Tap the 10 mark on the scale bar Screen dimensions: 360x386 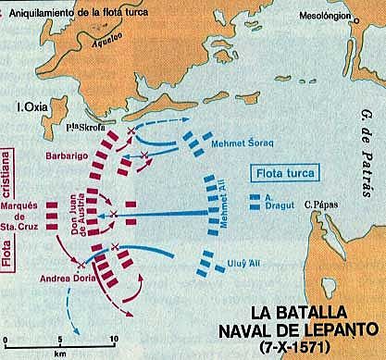[x=112, y=339]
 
